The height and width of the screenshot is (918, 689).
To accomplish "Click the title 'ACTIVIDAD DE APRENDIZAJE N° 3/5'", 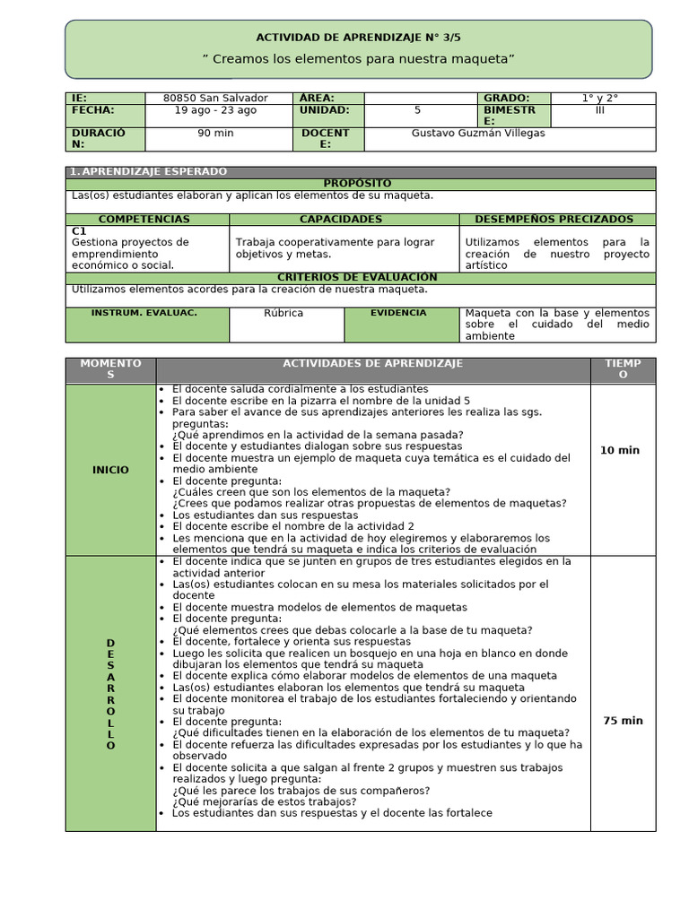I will pyautogui.click(x=358, y=37).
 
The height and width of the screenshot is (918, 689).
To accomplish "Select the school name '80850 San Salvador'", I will pyautogui.click(x=215, y=98).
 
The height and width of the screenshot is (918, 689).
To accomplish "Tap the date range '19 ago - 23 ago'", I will pyautogui.click(x=215, y=110).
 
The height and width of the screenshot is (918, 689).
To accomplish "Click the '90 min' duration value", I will pyautogui.click(x=215, y=133).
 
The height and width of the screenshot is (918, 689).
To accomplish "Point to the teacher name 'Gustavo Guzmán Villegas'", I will pyautogui.click(x=478, y=133).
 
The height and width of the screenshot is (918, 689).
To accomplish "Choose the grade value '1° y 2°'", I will pyautogui.click(x=599, y=98).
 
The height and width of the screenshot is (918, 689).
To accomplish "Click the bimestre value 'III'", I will pyautogui.click(x=599, y=110).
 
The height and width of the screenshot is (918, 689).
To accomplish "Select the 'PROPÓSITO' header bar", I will pyautogui.click(x=360, y=184).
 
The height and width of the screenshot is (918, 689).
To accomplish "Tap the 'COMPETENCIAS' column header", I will pyautogui.click(x=144, y=219).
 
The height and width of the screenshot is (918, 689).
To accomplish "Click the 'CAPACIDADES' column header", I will pyautogui.click(x=341, y=219).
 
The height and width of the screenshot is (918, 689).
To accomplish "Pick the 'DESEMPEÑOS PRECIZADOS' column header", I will pyautogui.click(x=554, y=219).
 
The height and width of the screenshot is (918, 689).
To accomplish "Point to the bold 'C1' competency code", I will pyautogui.click(x=78, y=230).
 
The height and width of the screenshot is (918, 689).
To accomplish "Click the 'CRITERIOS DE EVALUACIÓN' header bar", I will pyautogui.click(x=358, y=278).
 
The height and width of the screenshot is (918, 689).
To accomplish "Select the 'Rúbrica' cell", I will pyautogui.click(x=283, y=313).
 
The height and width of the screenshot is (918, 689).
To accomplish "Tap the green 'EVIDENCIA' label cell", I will pyautogui.click(x=400, y=313).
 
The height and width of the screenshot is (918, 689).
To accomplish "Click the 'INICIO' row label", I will pyautogui.click(x=110, y=470).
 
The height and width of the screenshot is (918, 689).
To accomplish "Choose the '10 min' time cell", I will pyautogui.click(x=620, y=450).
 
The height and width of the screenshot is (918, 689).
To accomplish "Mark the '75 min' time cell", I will pyautogui.click(x=623, y=720).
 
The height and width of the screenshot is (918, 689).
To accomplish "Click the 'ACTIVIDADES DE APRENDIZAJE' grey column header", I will pyautogui.click(x=372, y=363).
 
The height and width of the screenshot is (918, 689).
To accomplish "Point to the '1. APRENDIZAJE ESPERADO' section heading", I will pyautogui.click(x=149, y=171).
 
